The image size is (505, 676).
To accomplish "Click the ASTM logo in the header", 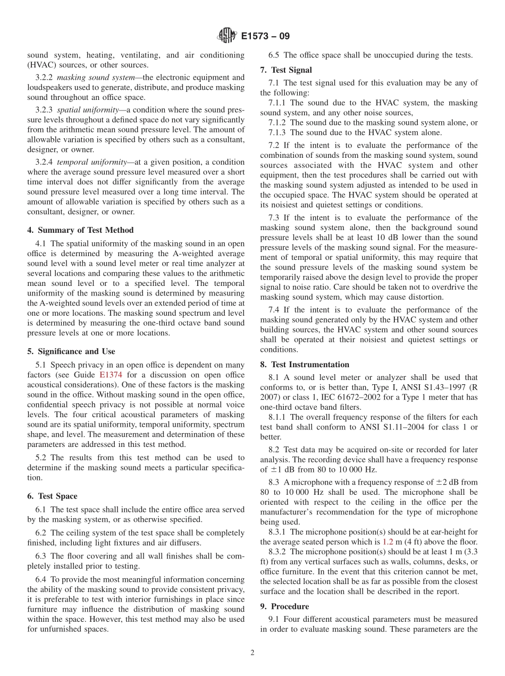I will [227, 37].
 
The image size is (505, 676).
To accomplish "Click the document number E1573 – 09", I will [265, 37].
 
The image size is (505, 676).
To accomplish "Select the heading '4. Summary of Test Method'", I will [80, 230].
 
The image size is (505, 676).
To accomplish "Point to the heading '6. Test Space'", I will [52, 496].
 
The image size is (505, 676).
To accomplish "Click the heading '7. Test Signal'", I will [286, 70].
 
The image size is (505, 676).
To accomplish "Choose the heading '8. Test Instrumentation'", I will [305, 365].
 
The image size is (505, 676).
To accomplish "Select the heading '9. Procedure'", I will [284, 606].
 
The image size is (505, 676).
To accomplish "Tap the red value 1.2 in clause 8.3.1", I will [388, 542].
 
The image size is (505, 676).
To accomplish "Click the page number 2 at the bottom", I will [252, 653].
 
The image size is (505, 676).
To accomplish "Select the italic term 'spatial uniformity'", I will [88, 109].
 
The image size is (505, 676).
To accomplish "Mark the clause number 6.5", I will [275, 55].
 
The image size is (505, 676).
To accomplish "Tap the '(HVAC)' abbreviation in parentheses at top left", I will [43, 64].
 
